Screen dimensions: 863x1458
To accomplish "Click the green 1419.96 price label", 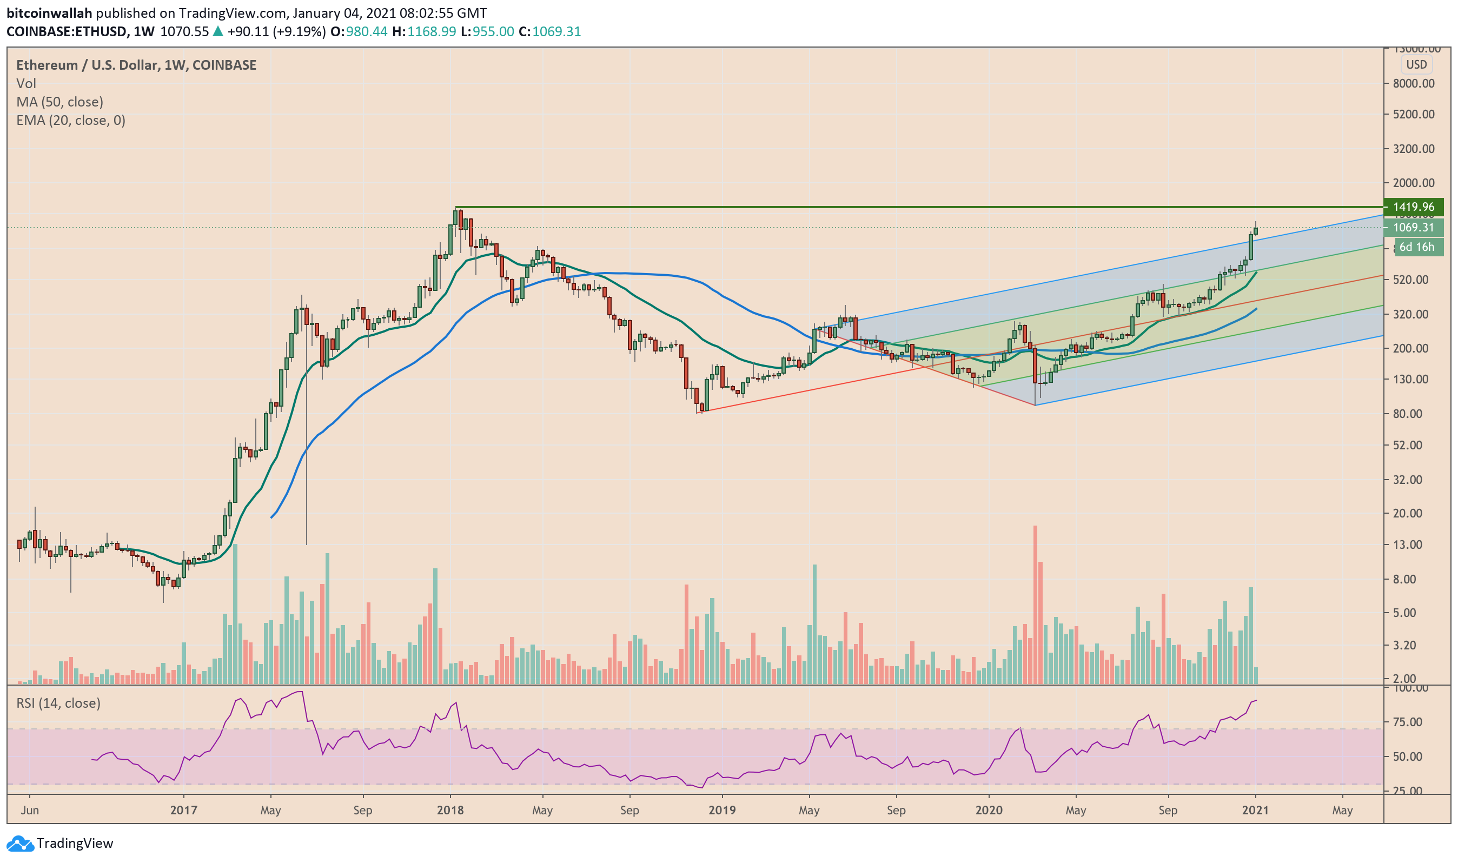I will [1413, 207].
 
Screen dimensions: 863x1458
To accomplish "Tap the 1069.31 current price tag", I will [1413, 228].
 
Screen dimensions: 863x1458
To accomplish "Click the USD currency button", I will [1416, 64].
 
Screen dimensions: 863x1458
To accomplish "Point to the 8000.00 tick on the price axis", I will [1413, 84].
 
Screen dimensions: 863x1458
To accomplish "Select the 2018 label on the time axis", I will [450, 810].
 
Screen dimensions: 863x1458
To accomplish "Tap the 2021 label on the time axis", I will [1255, 810].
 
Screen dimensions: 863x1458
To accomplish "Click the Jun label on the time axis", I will [30, 810].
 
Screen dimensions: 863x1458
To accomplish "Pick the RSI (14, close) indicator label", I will [58, 703].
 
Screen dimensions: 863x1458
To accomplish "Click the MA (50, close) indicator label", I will [60, 102].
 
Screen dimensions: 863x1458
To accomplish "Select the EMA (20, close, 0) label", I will [71, 121].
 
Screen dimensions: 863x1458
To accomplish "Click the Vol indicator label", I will [26, 83].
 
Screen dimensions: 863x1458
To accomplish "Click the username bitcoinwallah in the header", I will [49, 13].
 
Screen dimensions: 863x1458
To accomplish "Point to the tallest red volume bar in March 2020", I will [1035, 605].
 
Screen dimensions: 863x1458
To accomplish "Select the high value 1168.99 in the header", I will [431, 31].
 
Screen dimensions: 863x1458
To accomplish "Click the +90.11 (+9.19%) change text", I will [276, 31].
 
